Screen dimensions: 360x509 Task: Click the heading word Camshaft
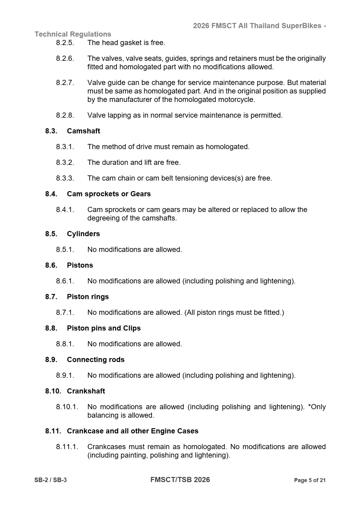coord(83,131)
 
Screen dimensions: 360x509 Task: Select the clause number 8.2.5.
coord(65,43)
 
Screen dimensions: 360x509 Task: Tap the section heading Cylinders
coord(83,234)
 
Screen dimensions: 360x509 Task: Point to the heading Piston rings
coord(88,297)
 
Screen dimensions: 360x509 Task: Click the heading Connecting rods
coord(96,360)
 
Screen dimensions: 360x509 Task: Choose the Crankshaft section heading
coord(86,391)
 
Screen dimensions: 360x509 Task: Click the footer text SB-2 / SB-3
coord(51,480)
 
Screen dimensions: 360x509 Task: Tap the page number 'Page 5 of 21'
coord(310,480)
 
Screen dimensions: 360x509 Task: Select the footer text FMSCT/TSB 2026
coord(180,480)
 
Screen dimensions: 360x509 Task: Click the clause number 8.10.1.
coord(67,407)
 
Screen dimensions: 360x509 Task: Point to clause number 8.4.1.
coord(65,210)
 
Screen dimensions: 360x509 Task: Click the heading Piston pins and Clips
coord(104,328)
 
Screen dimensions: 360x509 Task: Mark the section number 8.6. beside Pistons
coord(51,265)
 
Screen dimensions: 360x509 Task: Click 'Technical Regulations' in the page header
coord(73,34)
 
